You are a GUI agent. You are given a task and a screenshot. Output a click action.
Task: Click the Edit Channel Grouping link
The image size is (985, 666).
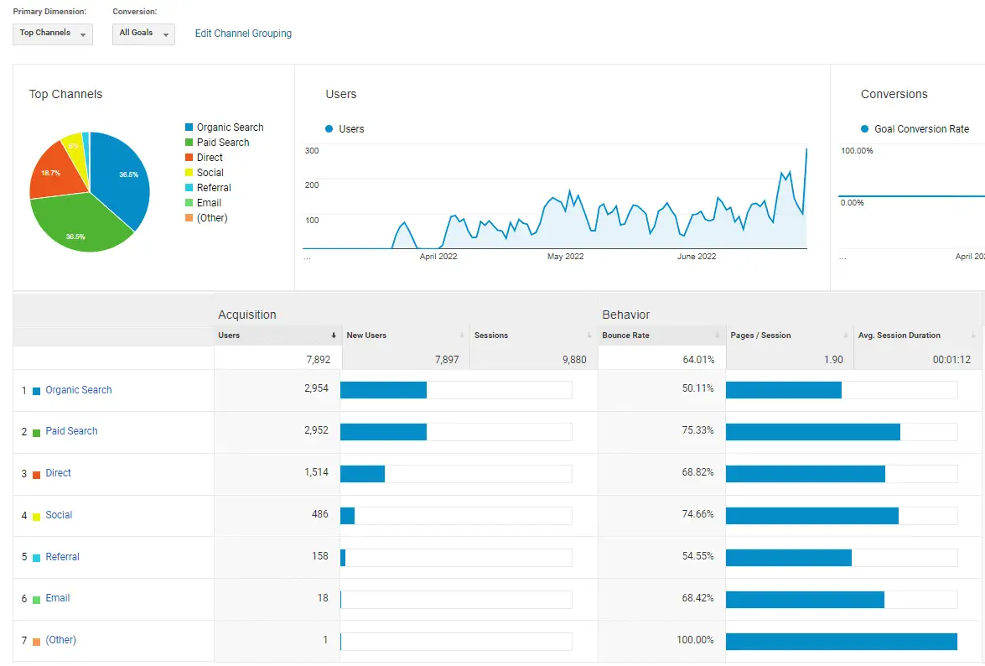coord(243,34)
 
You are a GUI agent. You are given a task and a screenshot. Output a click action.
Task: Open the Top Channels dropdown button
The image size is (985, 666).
coord(53,34)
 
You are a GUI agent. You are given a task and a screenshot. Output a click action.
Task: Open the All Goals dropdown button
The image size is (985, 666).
coord(143,34)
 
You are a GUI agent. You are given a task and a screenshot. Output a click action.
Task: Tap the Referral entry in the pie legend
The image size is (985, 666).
coord(214,188)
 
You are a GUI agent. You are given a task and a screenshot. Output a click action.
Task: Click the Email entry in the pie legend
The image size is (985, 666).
coord(209,203)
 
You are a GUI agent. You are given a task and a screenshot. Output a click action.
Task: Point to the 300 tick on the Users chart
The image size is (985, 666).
coord(312,151)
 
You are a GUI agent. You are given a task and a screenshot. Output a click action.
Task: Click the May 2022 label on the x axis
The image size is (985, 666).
coord(565,257)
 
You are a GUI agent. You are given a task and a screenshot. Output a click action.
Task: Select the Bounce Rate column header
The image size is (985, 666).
coord(625,336)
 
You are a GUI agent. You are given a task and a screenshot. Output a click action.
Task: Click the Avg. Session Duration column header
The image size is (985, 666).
coord(899,336)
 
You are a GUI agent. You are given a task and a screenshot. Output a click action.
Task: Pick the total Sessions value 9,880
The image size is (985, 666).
coord(571,360)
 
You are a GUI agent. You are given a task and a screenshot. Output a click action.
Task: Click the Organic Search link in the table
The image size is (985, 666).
coord(79,390)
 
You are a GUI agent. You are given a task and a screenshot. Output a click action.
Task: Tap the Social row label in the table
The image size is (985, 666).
coord(59,515)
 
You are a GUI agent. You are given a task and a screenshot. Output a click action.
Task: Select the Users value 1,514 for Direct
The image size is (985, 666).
coord(316,473)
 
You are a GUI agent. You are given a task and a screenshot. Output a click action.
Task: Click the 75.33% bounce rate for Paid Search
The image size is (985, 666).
coord(697,431)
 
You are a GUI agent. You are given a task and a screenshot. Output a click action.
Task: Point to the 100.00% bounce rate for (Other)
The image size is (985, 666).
coord(694,641)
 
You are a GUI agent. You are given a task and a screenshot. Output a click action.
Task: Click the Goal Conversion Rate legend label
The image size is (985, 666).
coord(921,129)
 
